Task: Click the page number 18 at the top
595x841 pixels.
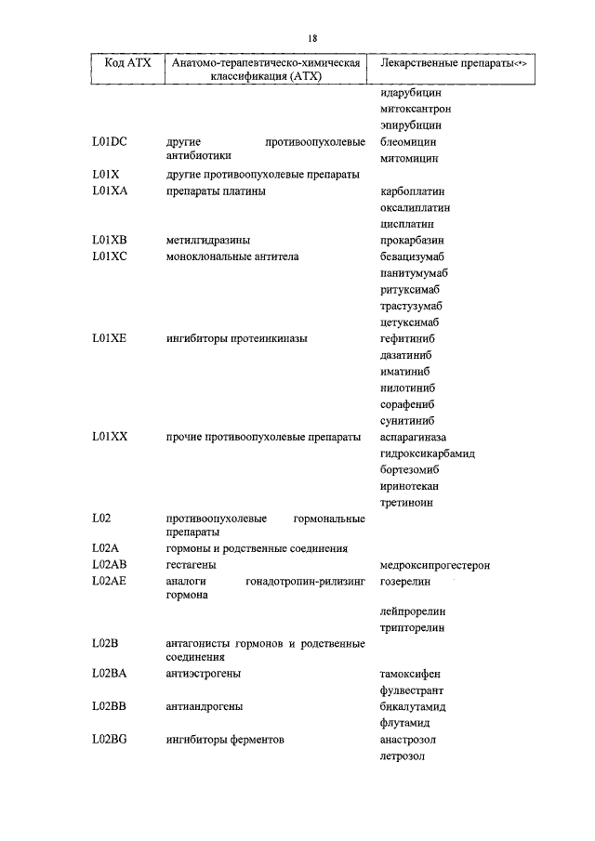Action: pos(312,37)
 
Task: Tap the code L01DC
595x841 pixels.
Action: pos(110,142)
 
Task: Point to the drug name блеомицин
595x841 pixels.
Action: pos(408,142)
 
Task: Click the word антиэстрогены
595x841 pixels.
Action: pos(205,674)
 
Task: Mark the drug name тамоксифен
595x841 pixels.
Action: pos(410,674)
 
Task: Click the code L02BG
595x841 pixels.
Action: pos(110,740)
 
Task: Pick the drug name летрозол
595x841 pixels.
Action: pos(402,756)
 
